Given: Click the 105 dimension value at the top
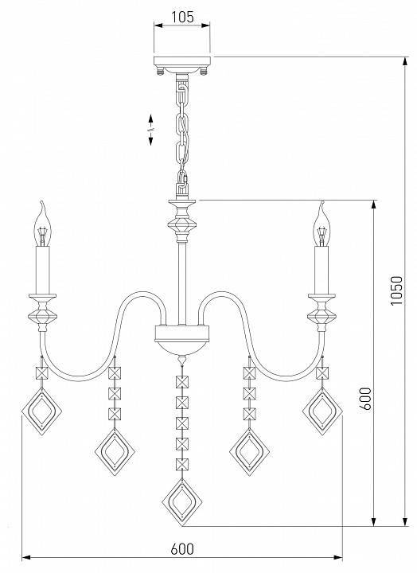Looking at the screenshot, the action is [x=182, y=17].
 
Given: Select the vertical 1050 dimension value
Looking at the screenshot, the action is [x=396, y=290].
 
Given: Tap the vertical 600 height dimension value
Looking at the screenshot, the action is [x=366, y=398].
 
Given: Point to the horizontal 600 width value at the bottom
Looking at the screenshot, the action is [x=182, y=549].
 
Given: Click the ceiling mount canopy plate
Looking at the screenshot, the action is [x=182, y=61].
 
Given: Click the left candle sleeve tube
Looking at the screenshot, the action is [x=43, y=270].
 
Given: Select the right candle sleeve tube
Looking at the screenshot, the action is [x=322, y=270].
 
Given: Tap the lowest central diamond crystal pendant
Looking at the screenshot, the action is [x=182, y=502].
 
